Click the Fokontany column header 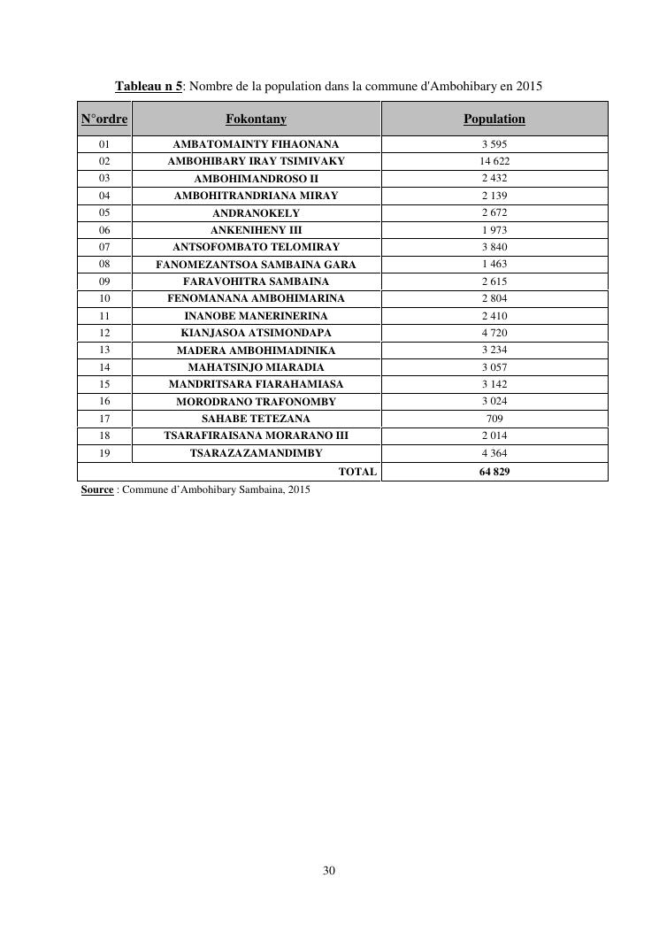click(256, 119)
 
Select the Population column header click(494, 119)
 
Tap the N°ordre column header click(104, 119)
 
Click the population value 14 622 click(494, 161)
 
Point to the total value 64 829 click(494, 472)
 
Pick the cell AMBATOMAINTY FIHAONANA click(256, 143)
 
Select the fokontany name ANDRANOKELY click(256, 213)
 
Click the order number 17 click(104, 419)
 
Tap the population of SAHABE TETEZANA click(494, 419)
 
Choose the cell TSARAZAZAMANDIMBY click(256, 453)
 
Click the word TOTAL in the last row click(357, 472)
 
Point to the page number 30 click(329, 871)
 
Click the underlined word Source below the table click(96, 489)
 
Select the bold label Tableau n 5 click(149, 87)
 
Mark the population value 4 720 click(494, 333)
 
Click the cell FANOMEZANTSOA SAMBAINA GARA click(256, 265)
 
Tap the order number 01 click(104, 143)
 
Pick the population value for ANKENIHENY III click(494, 230)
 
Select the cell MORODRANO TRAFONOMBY click(256, 402)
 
